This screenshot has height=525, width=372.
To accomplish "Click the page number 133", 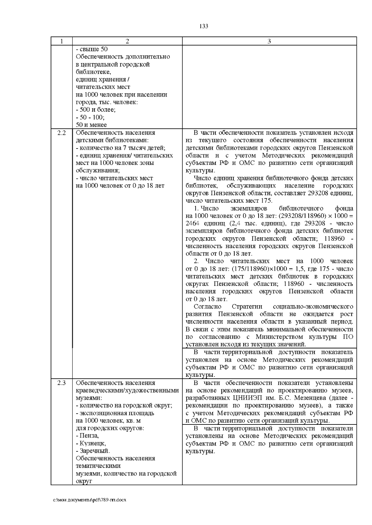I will (x=203, y=26).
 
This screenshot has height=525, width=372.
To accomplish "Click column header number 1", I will (x=62, y=41).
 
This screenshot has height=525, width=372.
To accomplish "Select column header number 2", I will (x=127, y=41).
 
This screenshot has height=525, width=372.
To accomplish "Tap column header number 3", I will (x=269, y=41).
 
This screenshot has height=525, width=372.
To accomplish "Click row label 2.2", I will (x=62, y=133).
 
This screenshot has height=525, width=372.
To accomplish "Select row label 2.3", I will (x=62, y=383).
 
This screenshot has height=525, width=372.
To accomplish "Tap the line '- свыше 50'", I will (x=92, y=49).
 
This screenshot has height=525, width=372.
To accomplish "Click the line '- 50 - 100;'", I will (x=90, y=118).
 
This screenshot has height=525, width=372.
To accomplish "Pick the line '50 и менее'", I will (x=91, y=125).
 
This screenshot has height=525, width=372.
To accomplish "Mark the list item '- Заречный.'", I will (x=93, y=451).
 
